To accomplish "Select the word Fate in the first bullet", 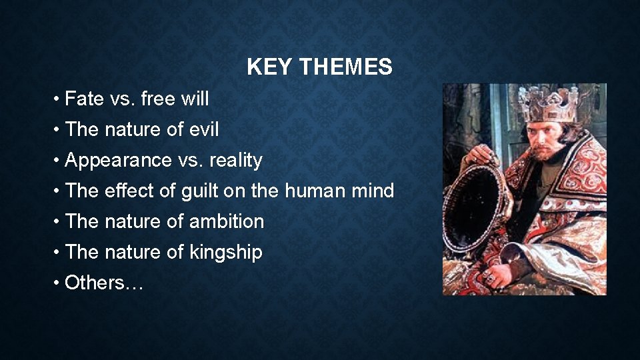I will pyautogui.click(x=85, y=99).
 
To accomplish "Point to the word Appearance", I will pyautogui.click(x=117, y=161).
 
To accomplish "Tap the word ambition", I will pyautogui.click(x=227, y=222).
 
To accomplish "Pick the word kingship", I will pyautogui.click(x=226, y=253).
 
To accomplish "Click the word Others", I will pyautogui.click(x=94, y=283).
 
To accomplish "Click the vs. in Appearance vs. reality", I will pyautogui.click(x=187, y=161).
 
